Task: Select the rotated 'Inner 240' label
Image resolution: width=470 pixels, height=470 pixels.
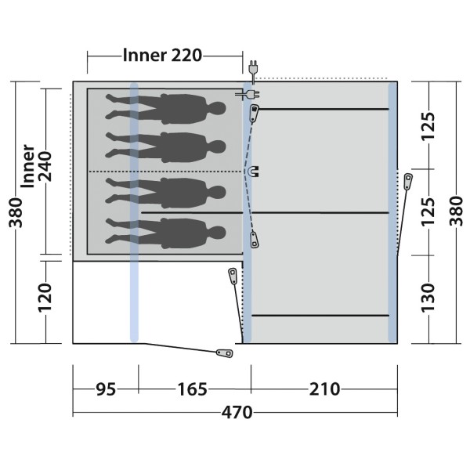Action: pos(35,166)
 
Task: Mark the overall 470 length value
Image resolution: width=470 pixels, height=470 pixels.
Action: pos(236,413)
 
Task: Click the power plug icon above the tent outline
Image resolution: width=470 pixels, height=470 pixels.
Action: pos(251,68)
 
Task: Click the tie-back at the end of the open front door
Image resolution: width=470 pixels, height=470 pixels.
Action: pos(224,353)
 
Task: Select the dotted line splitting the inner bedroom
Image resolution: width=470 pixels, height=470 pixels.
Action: pos(164,171)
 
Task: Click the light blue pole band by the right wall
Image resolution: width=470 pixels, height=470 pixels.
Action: pos(392,211)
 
